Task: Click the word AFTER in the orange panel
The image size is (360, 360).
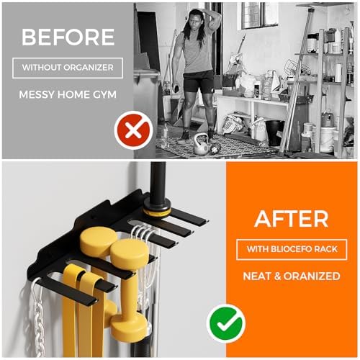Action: [292, 217]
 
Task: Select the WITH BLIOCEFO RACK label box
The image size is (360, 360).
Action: [292, 249]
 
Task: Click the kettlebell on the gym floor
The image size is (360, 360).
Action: [201, 144]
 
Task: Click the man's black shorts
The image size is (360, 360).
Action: [198, 80]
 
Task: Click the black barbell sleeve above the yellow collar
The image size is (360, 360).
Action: [157, 180]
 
